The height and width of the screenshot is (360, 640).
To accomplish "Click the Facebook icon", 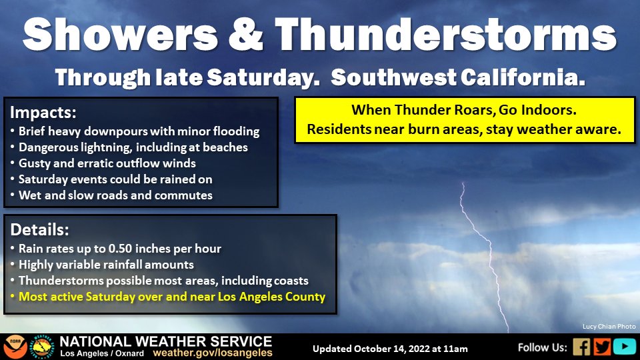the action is (581, 347).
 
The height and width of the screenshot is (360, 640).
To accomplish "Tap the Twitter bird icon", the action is (602, 347).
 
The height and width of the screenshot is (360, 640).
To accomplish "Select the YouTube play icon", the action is (624, 347).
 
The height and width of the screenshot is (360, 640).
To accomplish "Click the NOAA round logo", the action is (15, 347).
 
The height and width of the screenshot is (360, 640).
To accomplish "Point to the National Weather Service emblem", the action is (41, 347).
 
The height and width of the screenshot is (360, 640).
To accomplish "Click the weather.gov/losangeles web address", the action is (213, 353).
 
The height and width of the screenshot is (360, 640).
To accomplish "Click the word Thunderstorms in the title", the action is (446, 35).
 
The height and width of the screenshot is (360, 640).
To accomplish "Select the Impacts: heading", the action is (43, 112).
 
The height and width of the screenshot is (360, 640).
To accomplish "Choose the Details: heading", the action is (39, 230).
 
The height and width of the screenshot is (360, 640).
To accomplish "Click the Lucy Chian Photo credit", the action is (609, 327).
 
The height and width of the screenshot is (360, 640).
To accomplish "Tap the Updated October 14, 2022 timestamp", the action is (390, 349).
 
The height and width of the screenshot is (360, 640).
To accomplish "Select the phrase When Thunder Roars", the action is (423, 110).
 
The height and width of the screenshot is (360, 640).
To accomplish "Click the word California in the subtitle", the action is (523, 77).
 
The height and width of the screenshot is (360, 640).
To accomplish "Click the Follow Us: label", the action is (543, 348).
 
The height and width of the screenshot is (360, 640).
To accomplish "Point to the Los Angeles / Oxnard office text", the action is (102, 353).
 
